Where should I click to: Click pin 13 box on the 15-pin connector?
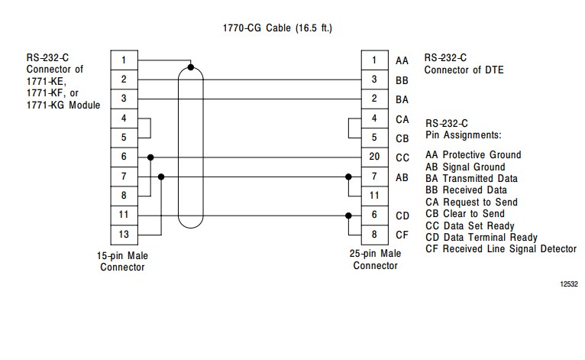tap(124, 234)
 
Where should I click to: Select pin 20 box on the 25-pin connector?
tap(374, 157)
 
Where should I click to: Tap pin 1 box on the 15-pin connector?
tap(124, 60)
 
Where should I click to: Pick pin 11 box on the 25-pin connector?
tap(374, 196)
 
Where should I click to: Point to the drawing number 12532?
tap(568, 284)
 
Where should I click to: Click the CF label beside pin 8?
tap(402, 235)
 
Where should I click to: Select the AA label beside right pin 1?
tap(402, 60)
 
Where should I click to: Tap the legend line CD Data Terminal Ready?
tap(481, 238)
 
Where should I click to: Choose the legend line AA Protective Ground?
tap(473, 155)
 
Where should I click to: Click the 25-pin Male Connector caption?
tap(375, 260)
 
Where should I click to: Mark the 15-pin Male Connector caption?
tap(122, 261)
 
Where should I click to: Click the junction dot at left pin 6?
tap(151, 157)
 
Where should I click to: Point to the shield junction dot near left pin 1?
tap(191, 67)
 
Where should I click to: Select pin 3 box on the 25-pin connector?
tap(374, 79)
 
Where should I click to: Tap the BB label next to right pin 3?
tap(402, 79)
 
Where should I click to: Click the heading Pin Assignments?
tap(463, 135)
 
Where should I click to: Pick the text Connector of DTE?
tap(464, 70)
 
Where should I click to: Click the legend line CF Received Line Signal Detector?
tap(501, 249)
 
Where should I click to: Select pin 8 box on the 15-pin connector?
tap(124, 196)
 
